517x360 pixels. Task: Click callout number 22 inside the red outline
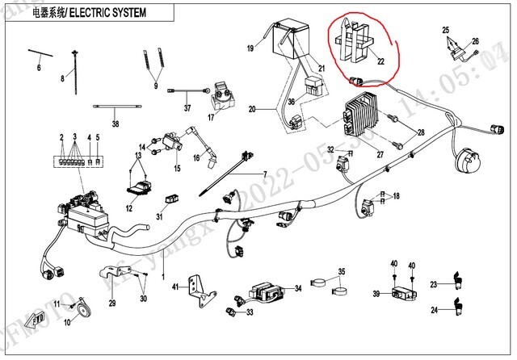(370, 58)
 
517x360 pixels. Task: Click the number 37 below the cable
(187, 109)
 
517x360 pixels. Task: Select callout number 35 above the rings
(341, 272)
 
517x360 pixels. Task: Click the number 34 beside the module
(297, 288)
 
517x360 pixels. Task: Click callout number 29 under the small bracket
(112, 303)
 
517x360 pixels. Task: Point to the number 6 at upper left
(38, 68)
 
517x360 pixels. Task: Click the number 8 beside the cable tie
(61, 78)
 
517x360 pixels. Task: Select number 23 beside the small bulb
(433, 284)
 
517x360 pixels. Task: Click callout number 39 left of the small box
(376, 294)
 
